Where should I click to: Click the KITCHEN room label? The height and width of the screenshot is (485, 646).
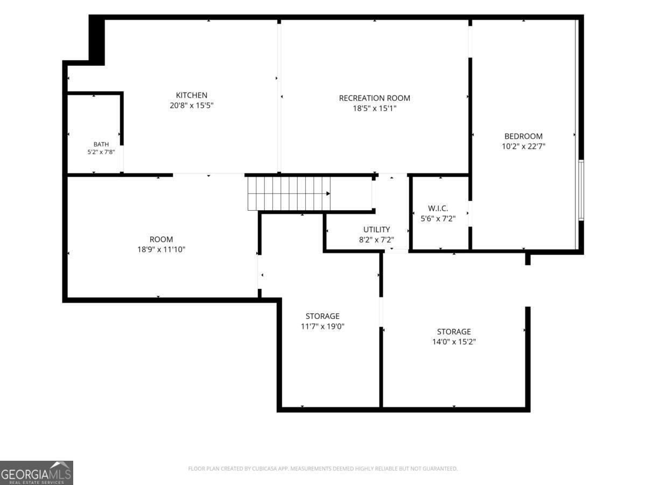point(191,95)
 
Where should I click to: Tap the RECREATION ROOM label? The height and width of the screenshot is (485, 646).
point(374,98)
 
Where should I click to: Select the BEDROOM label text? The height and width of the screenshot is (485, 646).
point(523,136)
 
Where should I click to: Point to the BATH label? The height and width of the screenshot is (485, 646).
point(101,144)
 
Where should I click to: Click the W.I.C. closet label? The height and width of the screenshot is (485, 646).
point(438,209)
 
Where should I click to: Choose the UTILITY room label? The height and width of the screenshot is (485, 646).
point(376,230)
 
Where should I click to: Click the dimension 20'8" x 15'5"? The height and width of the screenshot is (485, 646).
point(191,106)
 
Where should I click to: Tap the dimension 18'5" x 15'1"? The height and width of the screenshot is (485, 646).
point(374,108)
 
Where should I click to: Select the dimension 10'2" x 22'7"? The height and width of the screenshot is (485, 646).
point(523,147)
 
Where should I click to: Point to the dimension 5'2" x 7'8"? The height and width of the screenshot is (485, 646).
point(101,152)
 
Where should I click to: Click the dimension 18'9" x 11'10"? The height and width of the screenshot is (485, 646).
point(161,250)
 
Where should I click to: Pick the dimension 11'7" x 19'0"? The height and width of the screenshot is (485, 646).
point(322,327)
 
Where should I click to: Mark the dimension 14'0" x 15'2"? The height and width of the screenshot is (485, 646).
point(454,342)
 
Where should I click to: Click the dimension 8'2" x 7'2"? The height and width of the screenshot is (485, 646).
point(376,240)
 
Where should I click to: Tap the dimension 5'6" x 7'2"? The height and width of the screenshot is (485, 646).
point(438,219)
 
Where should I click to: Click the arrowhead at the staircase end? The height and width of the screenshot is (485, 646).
point(328,193)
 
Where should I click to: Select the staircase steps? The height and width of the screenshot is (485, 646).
point(289,193)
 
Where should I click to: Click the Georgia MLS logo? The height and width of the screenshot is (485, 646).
point(37,473)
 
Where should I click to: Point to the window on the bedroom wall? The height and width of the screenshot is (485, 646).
point(581,190)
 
